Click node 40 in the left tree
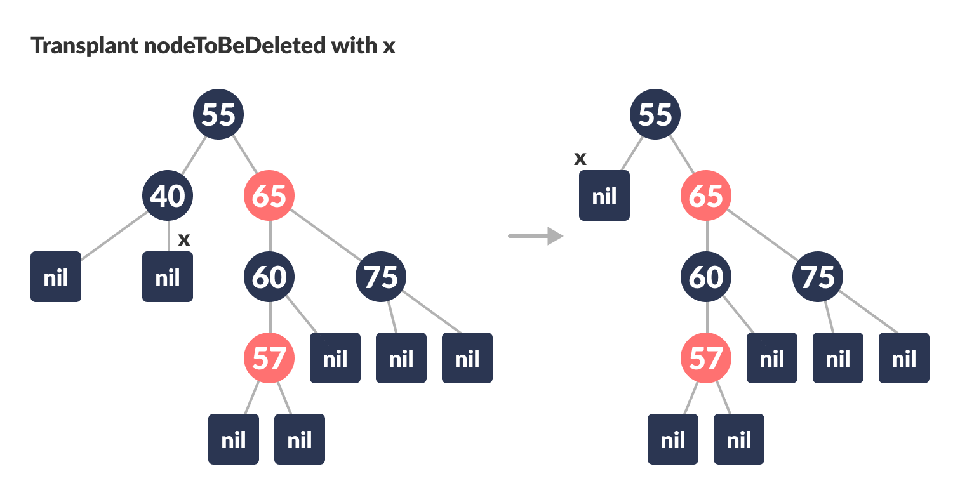click(168, 195)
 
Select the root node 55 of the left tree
click(218, 114)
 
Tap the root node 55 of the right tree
click(655, 114)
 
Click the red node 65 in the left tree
click(269, 195)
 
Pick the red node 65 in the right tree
click(706, 195)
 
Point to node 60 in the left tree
click(269, 277)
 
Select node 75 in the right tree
click(818, 277)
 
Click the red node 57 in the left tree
click(269, 358)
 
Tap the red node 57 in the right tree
click(706, 358)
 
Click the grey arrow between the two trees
click(536, 236)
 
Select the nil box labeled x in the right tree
click(604, 195)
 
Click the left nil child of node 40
click(56, 277)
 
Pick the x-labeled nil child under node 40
click(168, 277)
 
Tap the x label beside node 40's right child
click(184, 240)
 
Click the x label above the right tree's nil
click(580, 159)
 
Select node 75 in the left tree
click(381, 277)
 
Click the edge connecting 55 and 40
click(193, 155)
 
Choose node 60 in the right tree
click(706, 277)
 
